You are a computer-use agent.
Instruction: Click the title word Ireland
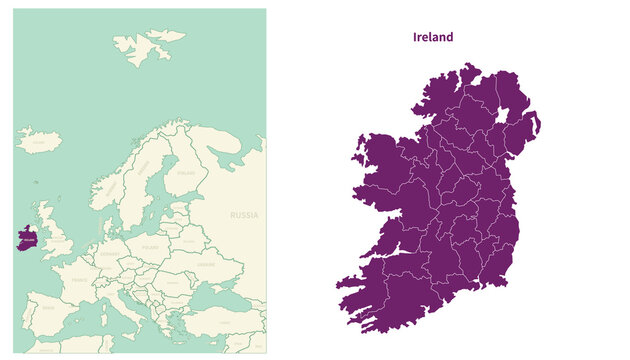tap(433, 37)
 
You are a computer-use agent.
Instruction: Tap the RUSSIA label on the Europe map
tap(244, 215)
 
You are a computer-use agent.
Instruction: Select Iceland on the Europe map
tap(38, 141)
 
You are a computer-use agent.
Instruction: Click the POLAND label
tap(150, 246)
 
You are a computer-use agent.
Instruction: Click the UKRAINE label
tap(204, 265)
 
